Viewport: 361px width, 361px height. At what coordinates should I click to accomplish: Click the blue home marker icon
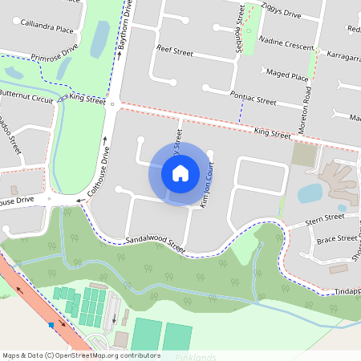click(180, 172)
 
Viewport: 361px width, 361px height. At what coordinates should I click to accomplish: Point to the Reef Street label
click(176, 51)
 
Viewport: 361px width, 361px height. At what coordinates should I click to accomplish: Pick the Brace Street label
click(336, 238)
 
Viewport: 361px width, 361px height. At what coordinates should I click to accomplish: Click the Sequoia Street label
click(239, 28)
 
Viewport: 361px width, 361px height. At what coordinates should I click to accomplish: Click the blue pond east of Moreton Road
click(310, 193)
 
